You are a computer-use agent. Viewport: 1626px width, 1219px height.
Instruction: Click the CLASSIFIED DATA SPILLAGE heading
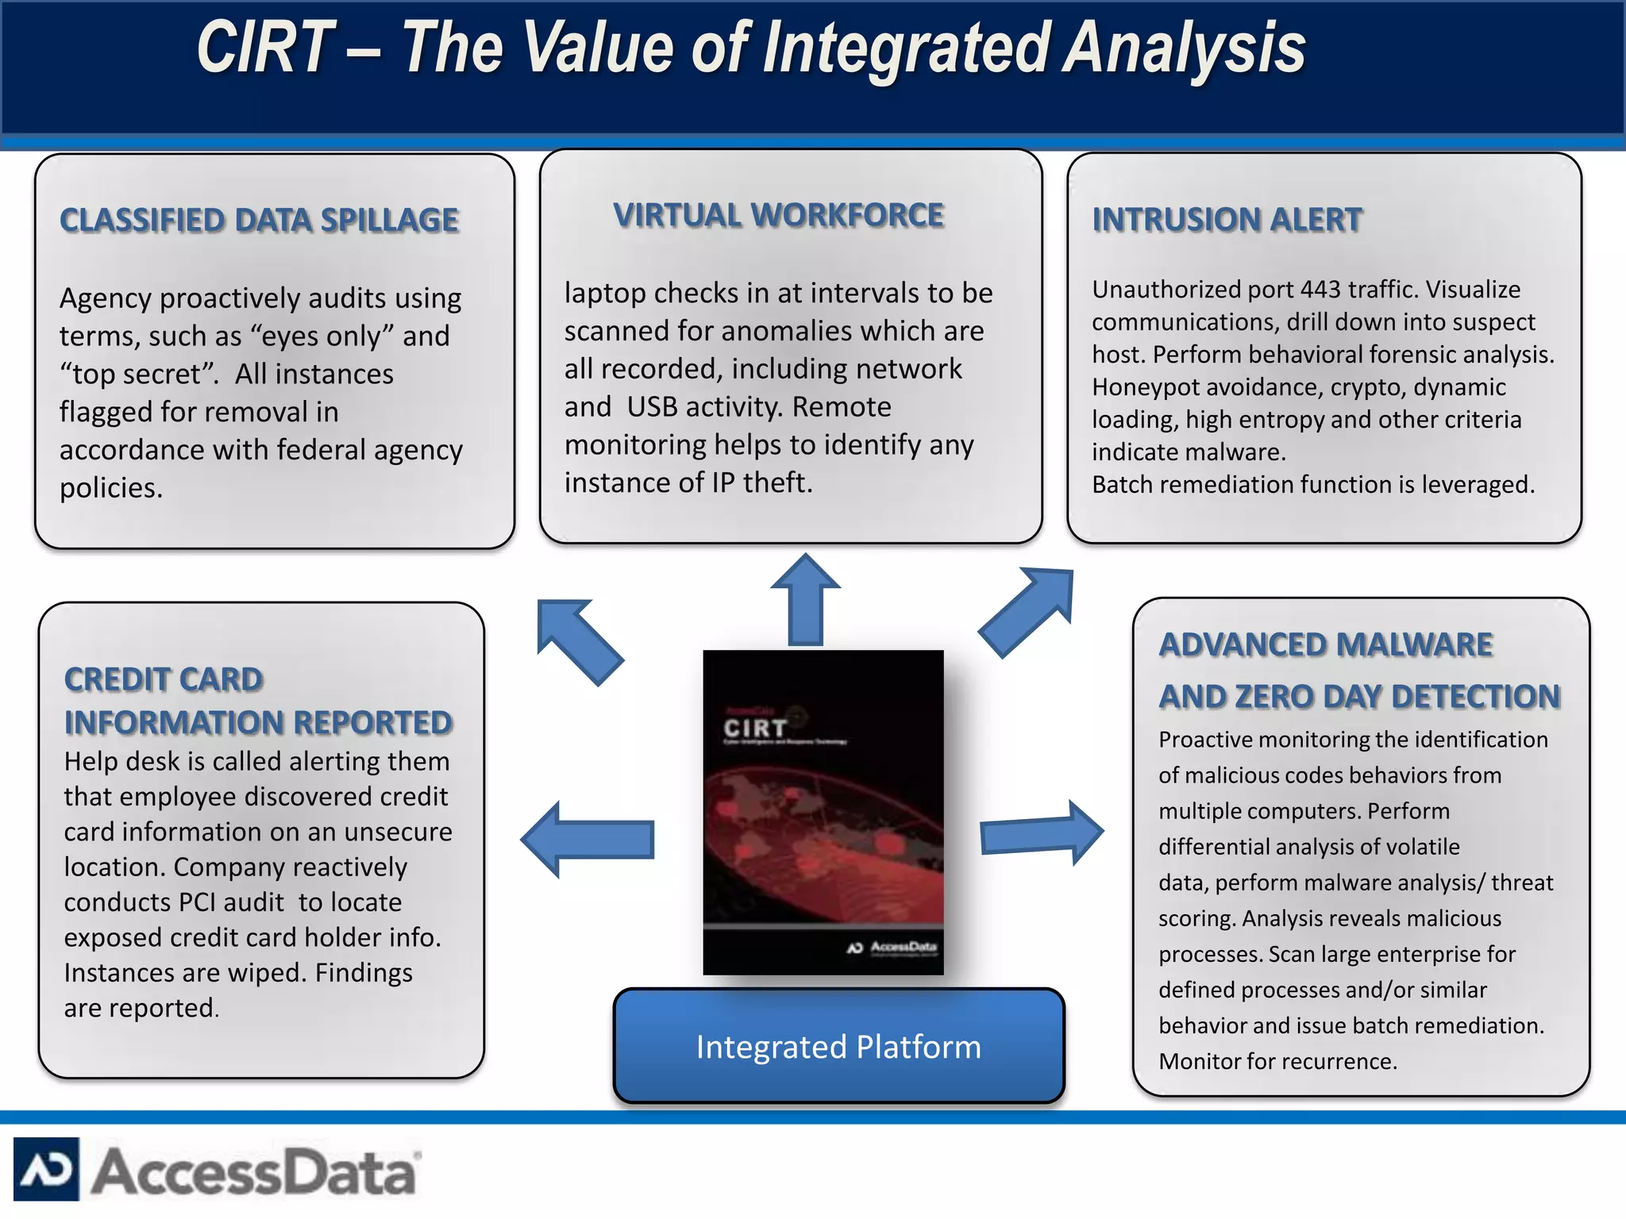(259, 221)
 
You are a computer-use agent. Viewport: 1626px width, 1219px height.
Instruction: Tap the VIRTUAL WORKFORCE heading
(778, 216)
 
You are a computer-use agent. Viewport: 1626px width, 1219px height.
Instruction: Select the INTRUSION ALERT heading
(1227, 220)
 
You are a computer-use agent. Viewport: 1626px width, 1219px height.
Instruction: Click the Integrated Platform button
(838, 1046)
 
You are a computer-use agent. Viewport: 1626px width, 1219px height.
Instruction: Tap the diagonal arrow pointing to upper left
(578, 640)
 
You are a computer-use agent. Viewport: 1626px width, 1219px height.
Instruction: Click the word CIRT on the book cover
(754, 728)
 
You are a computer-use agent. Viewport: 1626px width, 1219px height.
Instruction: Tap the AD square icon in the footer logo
(46, 1169)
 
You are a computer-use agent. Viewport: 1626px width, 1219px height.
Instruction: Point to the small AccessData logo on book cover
(893, 947)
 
